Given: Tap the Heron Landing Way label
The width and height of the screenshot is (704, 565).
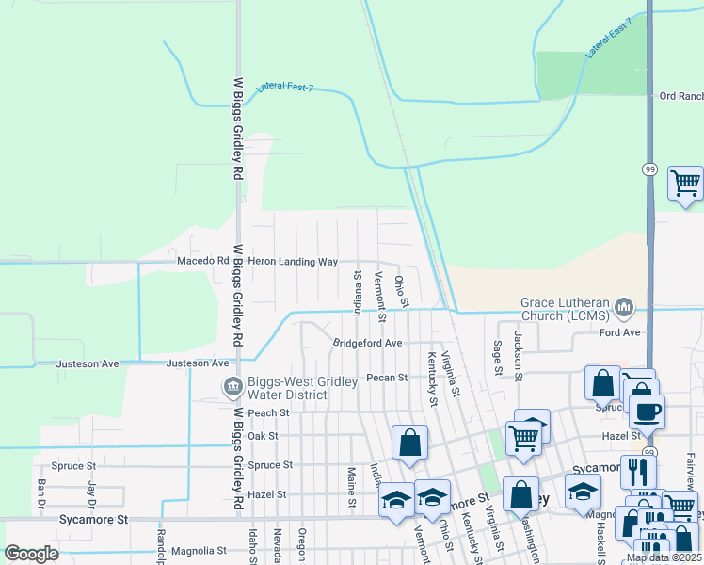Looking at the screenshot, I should (293, 261).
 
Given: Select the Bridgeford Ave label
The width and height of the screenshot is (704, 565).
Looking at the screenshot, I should (367, 343).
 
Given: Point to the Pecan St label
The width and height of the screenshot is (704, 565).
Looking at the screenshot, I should (387, 378).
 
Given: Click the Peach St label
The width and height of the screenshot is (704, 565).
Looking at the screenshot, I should (268, 412).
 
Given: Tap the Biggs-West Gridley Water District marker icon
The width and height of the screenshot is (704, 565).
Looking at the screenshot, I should (232, 386).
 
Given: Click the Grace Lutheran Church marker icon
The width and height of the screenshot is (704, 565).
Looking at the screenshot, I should (624, 307).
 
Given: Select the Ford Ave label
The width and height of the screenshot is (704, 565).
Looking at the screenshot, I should (619, 332).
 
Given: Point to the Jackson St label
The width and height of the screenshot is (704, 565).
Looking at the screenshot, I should (518, 350).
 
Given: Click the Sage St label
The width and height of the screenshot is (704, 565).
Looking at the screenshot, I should (497, 358).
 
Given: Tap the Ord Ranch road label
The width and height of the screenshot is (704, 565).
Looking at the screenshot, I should (680, 96).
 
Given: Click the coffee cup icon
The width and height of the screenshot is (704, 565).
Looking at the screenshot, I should (648, 411).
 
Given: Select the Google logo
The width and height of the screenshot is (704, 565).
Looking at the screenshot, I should (31, 554).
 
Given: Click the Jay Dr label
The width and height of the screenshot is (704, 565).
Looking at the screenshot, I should (92, 492).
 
